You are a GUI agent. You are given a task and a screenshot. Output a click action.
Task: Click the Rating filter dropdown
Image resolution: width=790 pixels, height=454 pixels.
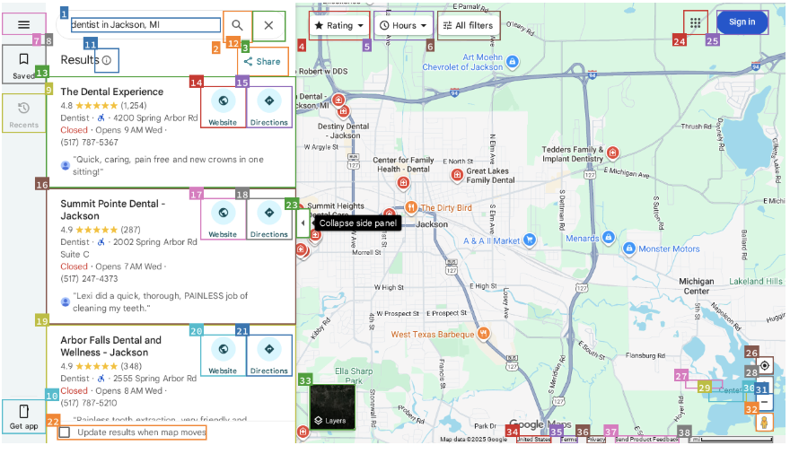[x=339, y=26]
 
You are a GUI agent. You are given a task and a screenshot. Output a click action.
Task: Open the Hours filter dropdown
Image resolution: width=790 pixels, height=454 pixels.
[x=403, y=26]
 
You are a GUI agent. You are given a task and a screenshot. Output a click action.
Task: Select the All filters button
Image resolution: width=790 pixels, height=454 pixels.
[x=469, y=26]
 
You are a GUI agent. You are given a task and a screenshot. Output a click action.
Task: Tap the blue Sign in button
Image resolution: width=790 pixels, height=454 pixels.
[x=742, y=22]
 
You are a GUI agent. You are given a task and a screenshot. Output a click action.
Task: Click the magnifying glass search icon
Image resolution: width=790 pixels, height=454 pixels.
[x=237, y=25]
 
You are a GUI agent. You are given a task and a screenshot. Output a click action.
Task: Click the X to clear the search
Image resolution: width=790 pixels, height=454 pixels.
[x=268, y=25]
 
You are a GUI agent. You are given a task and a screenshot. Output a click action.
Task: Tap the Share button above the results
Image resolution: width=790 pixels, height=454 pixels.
[x=263, y=62]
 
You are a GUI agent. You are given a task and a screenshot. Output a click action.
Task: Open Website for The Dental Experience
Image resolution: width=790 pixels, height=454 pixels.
[x=223, y=108]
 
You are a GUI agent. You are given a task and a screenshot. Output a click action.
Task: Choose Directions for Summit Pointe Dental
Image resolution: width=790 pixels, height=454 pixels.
[x=269, y=219]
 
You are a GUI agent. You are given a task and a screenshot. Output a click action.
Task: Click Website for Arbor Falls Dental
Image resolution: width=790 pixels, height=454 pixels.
[x=223, y=355]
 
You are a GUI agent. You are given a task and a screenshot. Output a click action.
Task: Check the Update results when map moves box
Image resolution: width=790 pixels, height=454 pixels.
[x=65, y=432]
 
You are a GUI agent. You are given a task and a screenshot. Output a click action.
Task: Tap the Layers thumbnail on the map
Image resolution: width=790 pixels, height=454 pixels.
[x=332, y=406]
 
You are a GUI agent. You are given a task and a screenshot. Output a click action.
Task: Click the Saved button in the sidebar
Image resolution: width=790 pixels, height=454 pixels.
[x=24, y=65]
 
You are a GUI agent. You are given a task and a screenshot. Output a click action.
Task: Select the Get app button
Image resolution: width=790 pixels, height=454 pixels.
[x=24, y=417]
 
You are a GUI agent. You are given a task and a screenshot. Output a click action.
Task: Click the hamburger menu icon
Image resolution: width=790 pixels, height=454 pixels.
[x=24, y=25]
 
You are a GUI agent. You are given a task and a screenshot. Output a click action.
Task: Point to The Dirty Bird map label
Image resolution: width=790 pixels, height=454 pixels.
[x=446, y=208]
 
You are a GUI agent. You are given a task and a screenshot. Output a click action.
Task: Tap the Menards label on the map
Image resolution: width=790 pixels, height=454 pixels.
[x=583, y=239]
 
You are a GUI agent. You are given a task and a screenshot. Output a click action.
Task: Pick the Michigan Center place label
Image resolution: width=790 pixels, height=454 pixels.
[x=696, y=286]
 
